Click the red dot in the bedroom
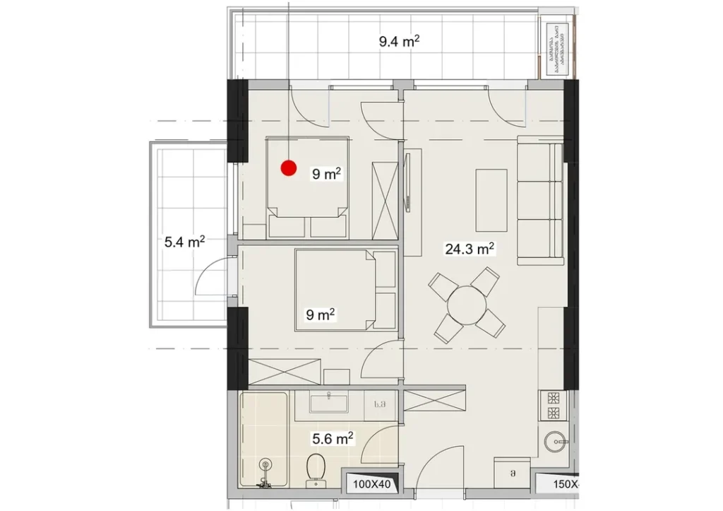pyautogui.click(x=288, y=168)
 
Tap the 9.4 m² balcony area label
pyautogui.click(x=399, y=41)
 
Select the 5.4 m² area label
pyautogui.click(x=184, y=242)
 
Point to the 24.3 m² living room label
pyautogui.click(x=468, y=249)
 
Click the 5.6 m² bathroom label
pyautogui.click(x=333, y=439)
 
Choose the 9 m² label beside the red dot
pyautogui.click(x=327, y=174)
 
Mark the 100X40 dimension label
pyautogui.click(x=371, y=484)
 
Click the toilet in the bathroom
pyautogui.click(x=316, y=470)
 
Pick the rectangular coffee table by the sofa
pyautogui.click(x=491, y=199)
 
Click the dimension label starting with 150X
pyautogui.click(x=556, y=484)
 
